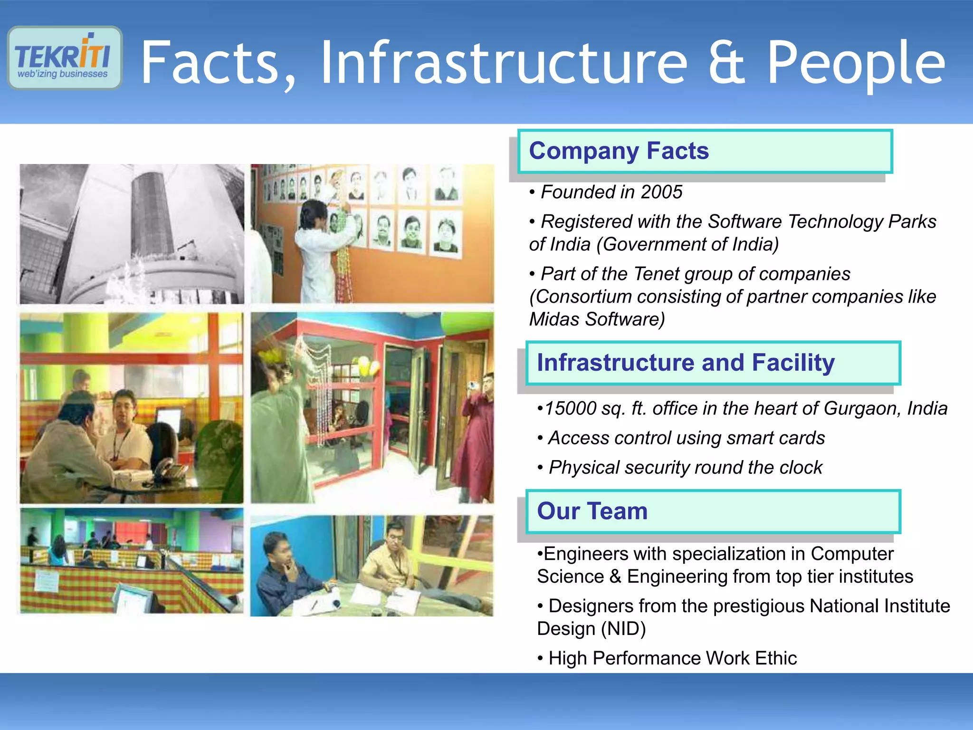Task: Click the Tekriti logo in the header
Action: [65, 58]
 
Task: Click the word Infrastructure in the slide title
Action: [504, 63]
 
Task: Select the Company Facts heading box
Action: [705, 151]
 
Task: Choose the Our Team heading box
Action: [713, 511]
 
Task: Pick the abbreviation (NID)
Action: [623, 629]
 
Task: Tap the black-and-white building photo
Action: [132, 234]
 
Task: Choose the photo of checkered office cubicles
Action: [132, 561]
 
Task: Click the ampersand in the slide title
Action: [727, 63]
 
